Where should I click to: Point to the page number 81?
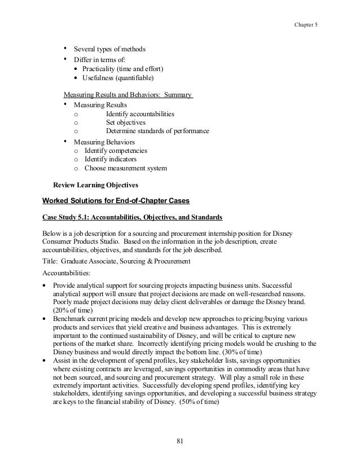point(180,441)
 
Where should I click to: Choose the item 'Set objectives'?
point(125,122)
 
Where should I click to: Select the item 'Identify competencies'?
point(116,151)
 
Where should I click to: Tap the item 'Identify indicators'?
point(112,160)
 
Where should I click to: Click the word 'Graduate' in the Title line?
point(76,261)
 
